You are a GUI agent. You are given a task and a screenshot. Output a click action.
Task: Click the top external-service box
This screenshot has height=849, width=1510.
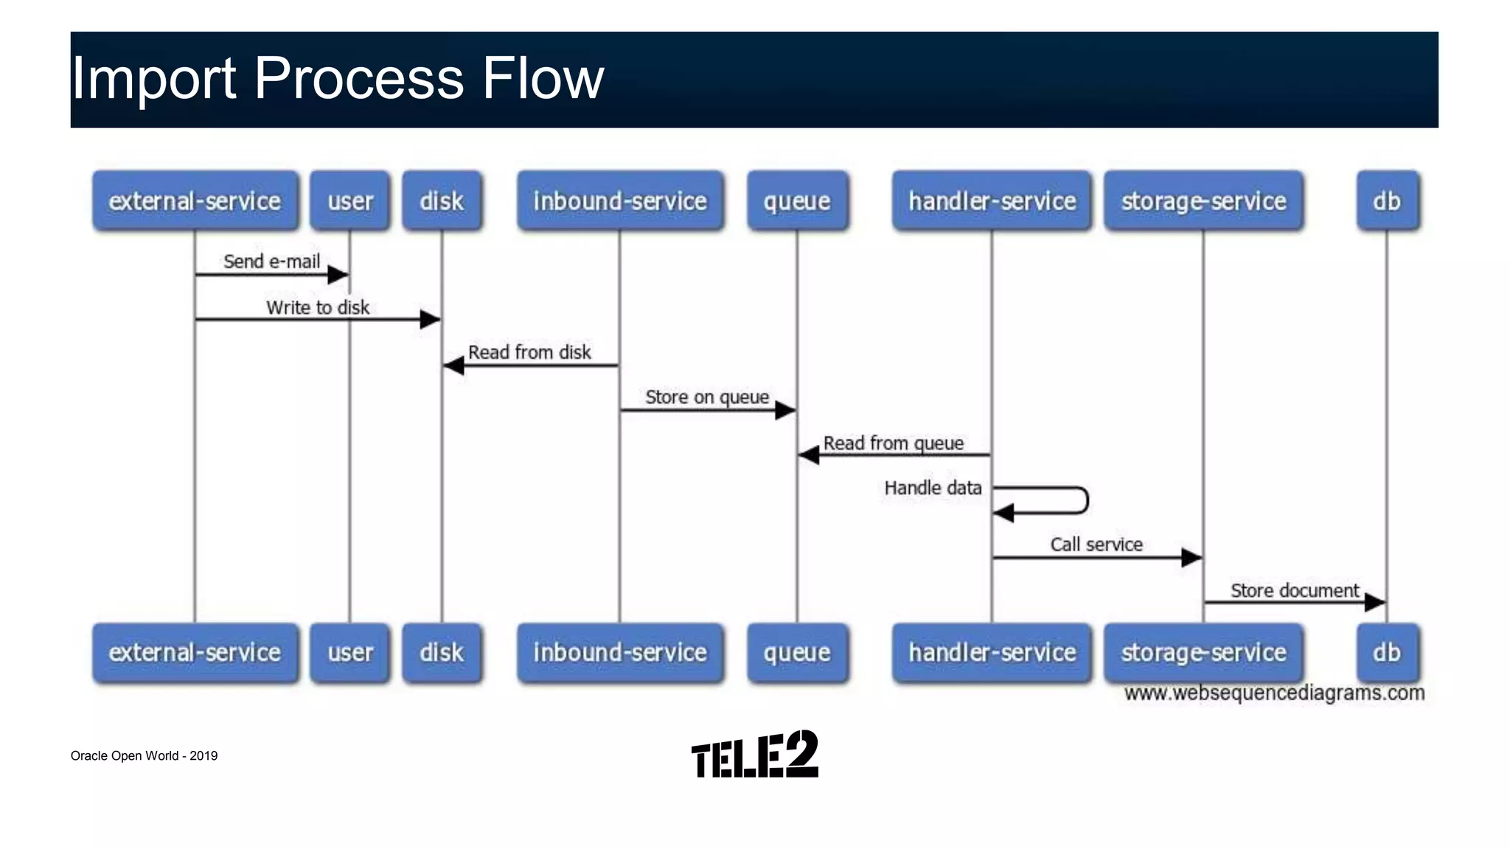[x=195, y=201]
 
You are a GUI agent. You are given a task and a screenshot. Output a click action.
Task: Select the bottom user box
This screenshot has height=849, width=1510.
[x=350, y=653]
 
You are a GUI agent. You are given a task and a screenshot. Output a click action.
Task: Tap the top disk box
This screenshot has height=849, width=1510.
[x=442, y=201]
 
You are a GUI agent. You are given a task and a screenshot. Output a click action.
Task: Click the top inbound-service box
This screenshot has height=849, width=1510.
[x=620, y=201]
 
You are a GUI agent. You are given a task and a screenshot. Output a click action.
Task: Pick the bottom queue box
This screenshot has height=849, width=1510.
[x=797, y=653]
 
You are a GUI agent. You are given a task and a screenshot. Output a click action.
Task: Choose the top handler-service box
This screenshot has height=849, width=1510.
[x=992, y=201]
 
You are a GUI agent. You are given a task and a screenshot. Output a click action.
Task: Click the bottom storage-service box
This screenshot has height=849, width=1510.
[x=1203, y=653]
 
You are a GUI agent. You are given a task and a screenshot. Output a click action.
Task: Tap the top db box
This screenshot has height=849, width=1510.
[x=1387, y=201]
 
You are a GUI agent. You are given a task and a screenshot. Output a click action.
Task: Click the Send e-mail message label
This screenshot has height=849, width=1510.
[x=271, y=262]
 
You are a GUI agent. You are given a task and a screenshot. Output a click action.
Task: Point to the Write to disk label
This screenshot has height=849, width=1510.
[x=318, y=307]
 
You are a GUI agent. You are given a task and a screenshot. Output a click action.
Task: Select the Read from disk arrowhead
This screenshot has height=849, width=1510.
[x=453, y=366]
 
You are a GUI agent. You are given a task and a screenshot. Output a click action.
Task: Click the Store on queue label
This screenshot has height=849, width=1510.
[x=707, y=397]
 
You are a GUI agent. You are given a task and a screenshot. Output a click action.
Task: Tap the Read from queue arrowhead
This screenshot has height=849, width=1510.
[x=809, y=455]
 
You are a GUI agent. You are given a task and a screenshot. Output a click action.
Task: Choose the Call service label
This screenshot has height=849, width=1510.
[x=1096, y=545]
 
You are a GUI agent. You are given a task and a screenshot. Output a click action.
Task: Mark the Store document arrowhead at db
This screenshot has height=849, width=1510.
[x=1375, y=603]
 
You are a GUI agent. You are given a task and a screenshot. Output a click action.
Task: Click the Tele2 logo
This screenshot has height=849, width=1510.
[x=755, y=755]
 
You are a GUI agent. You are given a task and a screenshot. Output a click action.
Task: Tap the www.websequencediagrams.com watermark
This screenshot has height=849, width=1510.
[x=1274, y=693]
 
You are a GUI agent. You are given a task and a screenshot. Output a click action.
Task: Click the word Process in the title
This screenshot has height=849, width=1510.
[x=359, y=78]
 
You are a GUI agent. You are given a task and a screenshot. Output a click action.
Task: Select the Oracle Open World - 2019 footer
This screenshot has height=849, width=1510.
[x=144, y=755]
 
